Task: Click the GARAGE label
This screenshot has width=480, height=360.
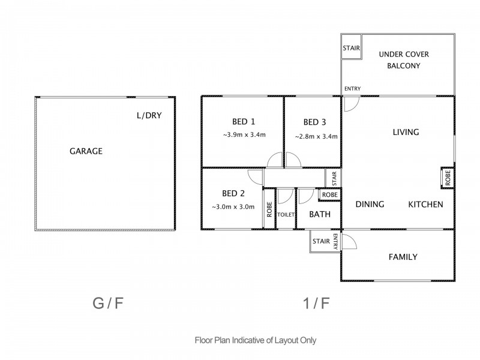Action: pos(86,151)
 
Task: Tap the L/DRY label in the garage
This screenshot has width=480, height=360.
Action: pos(149,115)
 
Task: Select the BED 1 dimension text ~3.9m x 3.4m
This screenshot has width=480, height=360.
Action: pos(244,134)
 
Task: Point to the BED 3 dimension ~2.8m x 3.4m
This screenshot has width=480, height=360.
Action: pos(316,137)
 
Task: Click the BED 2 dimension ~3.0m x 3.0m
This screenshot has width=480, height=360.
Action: pos(233,207)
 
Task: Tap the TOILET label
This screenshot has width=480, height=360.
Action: pos(286,215)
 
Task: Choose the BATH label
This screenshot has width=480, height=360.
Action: pos(320,214)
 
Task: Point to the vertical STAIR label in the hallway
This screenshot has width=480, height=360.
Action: pos(334,178)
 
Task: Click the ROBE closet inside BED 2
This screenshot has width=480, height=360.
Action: pos(269,209)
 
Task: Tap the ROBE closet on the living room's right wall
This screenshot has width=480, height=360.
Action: pos(448,178)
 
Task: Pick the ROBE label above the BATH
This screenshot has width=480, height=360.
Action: pos(329,195)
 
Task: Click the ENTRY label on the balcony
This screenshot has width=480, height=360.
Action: pos(352,89)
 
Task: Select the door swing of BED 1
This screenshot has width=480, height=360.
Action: pos(275,160)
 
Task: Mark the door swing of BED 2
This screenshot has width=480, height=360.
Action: pos(256,177)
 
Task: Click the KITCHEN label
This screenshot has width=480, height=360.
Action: pos(425,205)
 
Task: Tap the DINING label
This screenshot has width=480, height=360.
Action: pos(370,204)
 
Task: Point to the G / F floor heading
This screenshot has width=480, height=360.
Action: pos(108,304)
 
